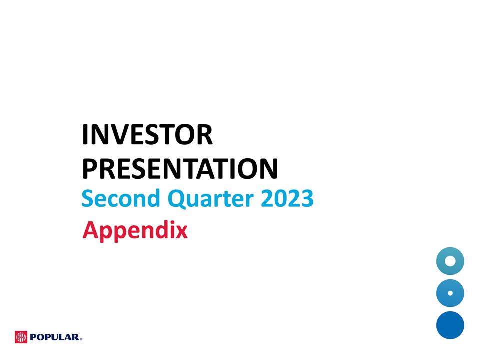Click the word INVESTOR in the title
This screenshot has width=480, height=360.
147,136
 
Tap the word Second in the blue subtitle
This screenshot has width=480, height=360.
120,199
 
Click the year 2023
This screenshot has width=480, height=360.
287,199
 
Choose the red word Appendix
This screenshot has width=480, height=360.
135,231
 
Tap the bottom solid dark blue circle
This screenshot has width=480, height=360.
450,325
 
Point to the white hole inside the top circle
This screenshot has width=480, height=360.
450,261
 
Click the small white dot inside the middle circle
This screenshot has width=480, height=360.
450,293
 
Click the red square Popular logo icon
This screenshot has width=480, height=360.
21,337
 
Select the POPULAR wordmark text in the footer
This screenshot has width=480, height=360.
54,338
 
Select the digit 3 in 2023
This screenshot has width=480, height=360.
307,199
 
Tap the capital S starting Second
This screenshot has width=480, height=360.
87,199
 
